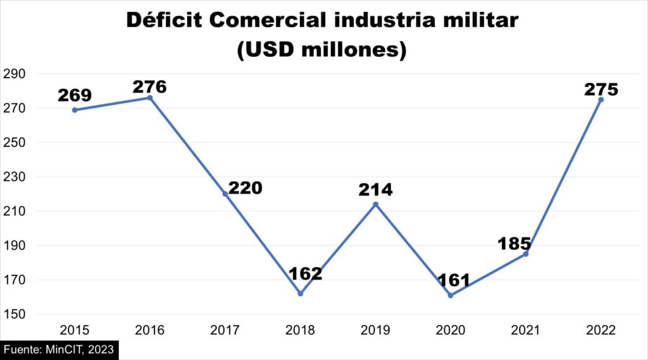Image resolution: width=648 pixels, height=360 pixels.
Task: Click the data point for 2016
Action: [150, 97]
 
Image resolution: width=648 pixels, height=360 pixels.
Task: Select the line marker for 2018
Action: [300, 294]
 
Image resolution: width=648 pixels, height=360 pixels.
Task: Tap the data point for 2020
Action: [451, 295]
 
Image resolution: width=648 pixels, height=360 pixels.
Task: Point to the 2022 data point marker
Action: [601, 99]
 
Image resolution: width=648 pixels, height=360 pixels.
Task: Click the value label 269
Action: [75, 96]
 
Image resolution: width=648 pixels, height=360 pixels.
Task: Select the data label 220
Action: [245, 188]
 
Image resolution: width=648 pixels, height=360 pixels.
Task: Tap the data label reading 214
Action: [375, 190]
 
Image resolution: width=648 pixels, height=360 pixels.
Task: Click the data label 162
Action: [305, 274]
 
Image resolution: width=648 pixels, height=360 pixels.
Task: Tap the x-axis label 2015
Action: [75, 330]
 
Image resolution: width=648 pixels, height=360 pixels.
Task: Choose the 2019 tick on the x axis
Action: [375, 330]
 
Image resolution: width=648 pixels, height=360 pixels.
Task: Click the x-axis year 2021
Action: [525, 330]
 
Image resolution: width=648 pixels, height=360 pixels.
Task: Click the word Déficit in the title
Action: [163, 20]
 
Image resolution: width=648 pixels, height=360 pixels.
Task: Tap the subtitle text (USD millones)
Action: [321, 49]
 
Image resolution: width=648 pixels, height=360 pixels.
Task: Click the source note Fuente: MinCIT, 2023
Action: [59, 349]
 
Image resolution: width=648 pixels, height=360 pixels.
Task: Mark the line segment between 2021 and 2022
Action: [563, 177]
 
